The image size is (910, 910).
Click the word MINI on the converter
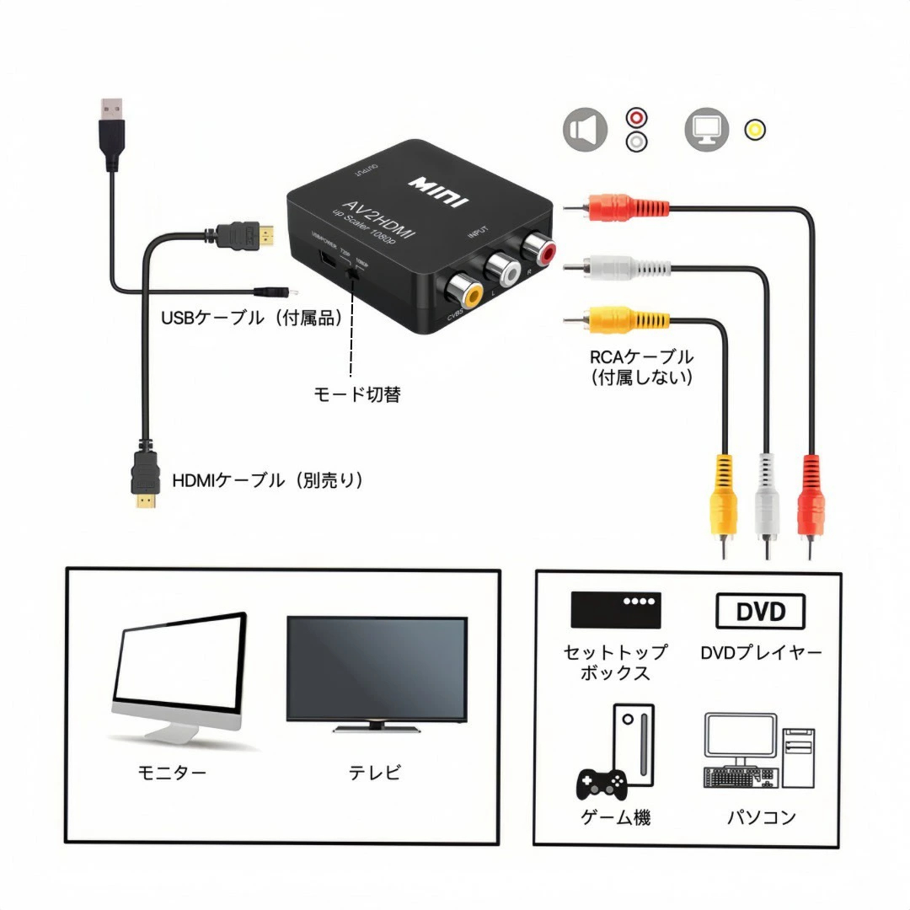point(439,191)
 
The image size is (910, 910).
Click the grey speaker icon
point(586,130)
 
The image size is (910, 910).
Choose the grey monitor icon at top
point(706,130)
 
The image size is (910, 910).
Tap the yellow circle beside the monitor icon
point(756,130)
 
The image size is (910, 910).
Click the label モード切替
point(356,394)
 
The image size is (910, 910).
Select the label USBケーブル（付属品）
point(252,318)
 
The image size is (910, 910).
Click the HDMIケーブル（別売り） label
point(267,480)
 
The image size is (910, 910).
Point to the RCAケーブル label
point(642,357)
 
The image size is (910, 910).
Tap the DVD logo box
point(760,611)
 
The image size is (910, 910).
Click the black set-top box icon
point(615,609)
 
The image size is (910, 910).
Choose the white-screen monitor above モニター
point(179,674)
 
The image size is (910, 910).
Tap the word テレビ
point(375,772)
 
